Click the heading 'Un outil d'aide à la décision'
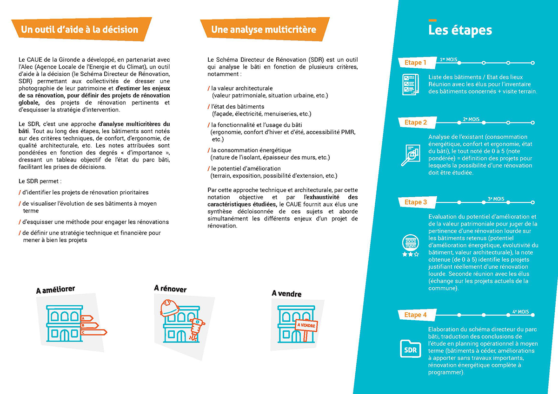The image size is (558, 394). coord(80,30)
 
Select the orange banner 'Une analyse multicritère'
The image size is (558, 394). coord(264,30)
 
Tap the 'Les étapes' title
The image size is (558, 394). coord(460,31)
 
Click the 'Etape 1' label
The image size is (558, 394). coord(415,63)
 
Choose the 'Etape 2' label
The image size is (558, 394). coord(416,123)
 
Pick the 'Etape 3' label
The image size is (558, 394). coord(416,202)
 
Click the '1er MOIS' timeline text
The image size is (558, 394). coord(448,60)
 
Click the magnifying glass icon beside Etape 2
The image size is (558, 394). coord(410,155)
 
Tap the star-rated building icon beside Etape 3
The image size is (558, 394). coord(410,246)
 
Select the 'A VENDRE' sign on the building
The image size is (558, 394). coord(306,325)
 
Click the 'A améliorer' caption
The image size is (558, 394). coord(55,290)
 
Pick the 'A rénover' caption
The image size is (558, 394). coord(170,289)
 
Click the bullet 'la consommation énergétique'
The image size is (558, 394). coord(251,150)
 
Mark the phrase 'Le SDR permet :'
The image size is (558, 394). coord(40,181)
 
